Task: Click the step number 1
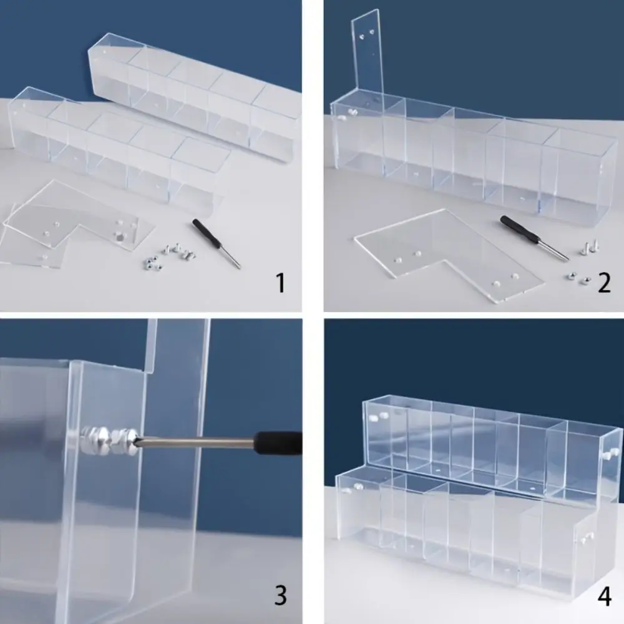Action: click(281, 283)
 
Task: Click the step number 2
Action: click(603, 283)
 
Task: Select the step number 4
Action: click(604, 596)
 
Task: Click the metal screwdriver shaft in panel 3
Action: click(200, 442)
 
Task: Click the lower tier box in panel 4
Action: click(462, 530)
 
